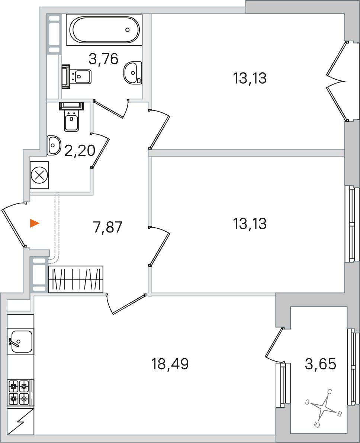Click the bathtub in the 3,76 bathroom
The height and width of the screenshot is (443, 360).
tap(104, 30)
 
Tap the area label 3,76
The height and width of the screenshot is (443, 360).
tap(103, 59)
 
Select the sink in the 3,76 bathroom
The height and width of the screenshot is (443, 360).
tap(133, 73)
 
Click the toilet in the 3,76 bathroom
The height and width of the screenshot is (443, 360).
tap(76, 77)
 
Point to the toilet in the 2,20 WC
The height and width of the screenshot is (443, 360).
tap(71, 116)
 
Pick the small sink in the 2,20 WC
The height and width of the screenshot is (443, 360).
tap(54, 145)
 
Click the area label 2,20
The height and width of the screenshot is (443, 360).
tap(80, 151)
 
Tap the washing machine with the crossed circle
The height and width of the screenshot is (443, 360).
tap(39, 175)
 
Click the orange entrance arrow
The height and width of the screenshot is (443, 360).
tap(35, 223)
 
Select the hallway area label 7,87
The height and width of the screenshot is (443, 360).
tap(107, 227)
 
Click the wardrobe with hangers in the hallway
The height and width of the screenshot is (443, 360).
tap(76, 279)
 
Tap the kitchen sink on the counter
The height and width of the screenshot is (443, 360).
tap(20, 341)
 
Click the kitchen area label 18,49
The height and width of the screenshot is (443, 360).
tap(170, 364)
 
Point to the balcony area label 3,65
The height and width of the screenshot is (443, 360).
tap(321, 364)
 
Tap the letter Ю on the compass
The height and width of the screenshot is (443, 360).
tap(317, 424)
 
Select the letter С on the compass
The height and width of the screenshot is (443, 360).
tap(330, 392)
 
